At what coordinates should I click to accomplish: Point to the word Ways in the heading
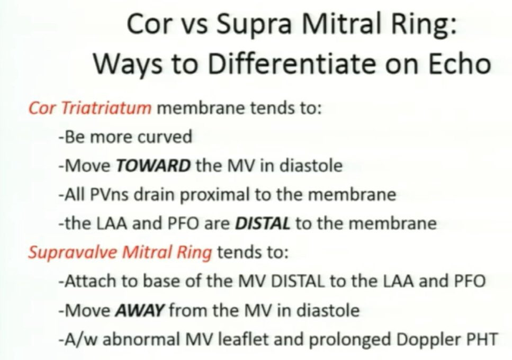tap(128, 64)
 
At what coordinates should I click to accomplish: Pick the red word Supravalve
tap(72, 253)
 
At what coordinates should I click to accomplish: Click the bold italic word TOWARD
tap(153, 166)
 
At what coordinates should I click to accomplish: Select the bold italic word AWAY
tap(139, 310)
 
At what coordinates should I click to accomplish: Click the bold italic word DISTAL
tap(263, 223)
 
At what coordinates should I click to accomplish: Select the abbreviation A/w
tap(81, 339)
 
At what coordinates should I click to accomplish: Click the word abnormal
tap(141, 339)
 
